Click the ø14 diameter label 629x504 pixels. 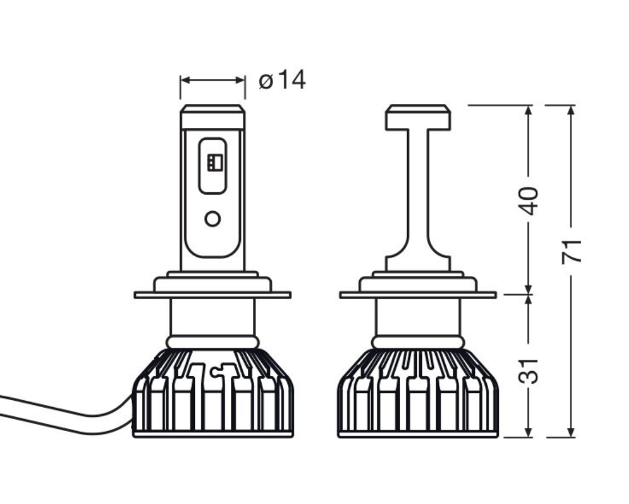click(x=282, y=80)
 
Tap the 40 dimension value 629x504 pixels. click(x=528, y=201)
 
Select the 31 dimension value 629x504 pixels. click(x=528, y=370)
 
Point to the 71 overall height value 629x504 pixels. click(x=571, y=251)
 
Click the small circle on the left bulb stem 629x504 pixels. click(x=212, y=219)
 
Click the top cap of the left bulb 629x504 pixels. click(x=212, y=117)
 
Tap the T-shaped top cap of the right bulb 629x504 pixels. click(x=418, y=117)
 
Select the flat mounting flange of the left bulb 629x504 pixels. click(x=212, y=295)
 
